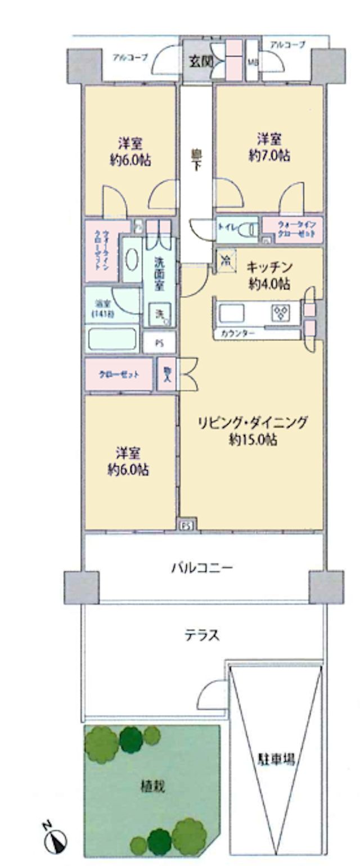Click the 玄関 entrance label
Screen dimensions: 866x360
click(200, 61)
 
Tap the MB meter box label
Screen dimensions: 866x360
click(253, 62)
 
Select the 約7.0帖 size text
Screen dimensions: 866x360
click(270, 156)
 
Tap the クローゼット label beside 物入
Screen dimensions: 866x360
click(118, 375)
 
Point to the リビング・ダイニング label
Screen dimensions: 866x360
click(252, 422)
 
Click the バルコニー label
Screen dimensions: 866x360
click(202, 567)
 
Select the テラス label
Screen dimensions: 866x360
click(202, 635)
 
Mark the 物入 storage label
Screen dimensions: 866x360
click(167, 374)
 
